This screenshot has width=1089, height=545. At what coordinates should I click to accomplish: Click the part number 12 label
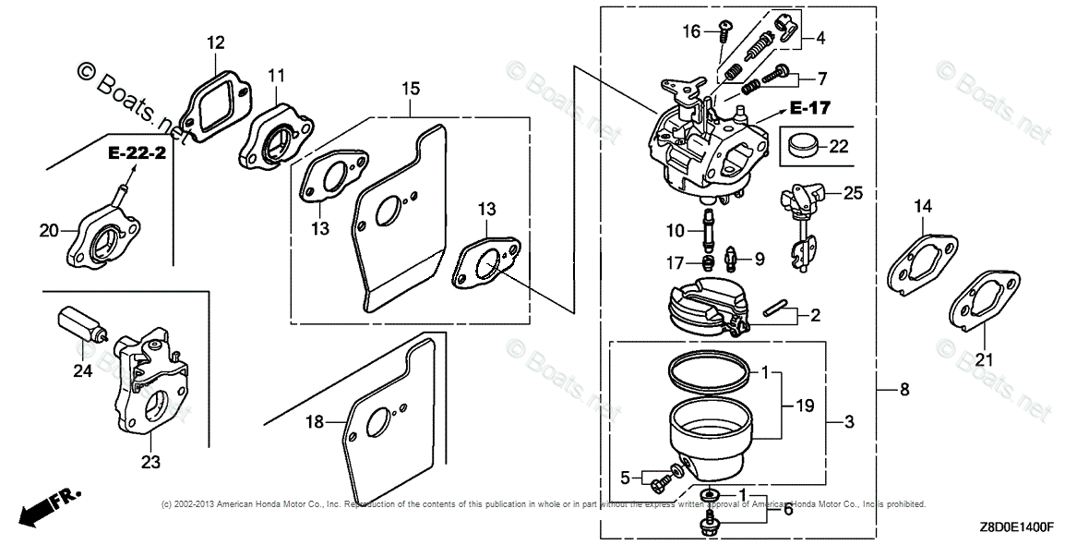[x=215, y=42]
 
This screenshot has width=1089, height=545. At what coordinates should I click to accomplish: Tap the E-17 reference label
[x=810, y=108]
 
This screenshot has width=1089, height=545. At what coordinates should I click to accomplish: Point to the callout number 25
[x=854, y=194]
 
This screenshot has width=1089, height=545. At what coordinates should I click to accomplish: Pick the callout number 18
[x=316, y=422]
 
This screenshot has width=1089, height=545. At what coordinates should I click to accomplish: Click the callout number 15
[x=411, y=89]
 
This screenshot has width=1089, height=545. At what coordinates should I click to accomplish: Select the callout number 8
[x=904, y=390]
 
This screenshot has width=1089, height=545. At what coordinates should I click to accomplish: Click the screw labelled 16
[x=724, y=32]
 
